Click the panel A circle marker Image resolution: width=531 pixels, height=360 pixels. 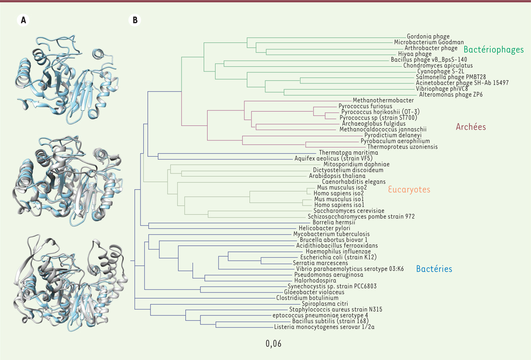[22, 20]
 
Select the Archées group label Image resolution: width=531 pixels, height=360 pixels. [471, 127]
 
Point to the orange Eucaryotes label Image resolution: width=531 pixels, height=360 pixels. [409, 190]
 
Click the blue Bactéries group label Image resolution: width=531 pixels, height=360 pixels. [434, 269]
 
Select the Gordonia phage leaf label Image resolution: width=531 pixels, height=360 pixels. [428, 36]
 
